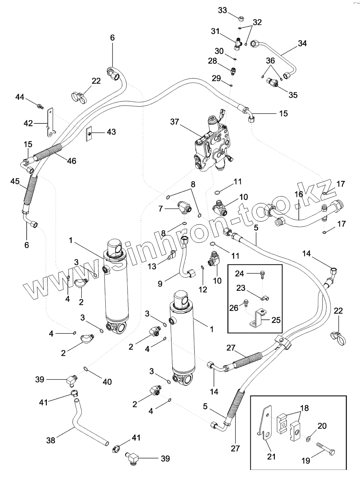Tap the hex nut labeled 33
coord(241,19)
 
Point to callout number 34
coord(302,43)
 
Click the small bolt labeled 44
coord(40,105)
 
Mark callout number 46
coord(71,160)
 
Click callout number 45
coord(15,181)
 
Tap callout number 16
coord(299,194)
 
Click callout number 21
coord(271,457)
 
